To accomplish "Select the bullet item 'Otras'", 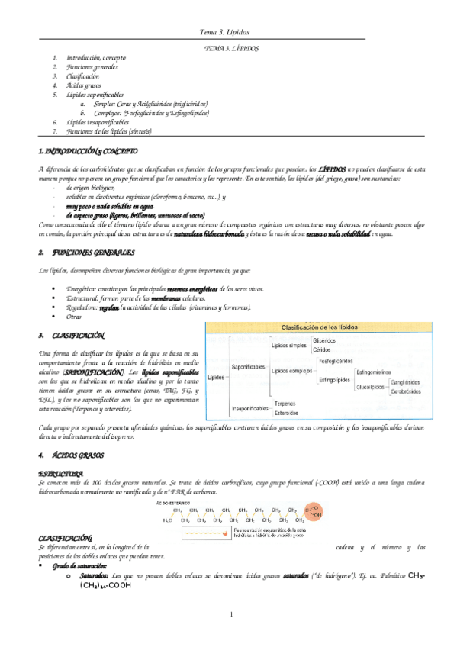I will click(74, 316).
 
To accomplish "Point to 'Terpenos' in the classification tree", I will click(285, 404).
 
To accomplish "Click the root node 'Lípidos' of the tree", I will click(217, 377).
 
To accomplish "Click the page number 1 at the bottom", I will click(230, 614).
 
